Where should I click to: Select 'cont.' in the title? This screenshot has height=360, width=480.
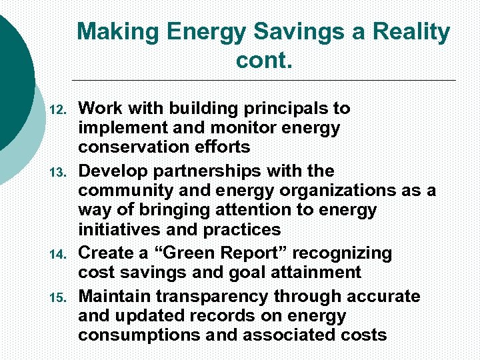[264, 62]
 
